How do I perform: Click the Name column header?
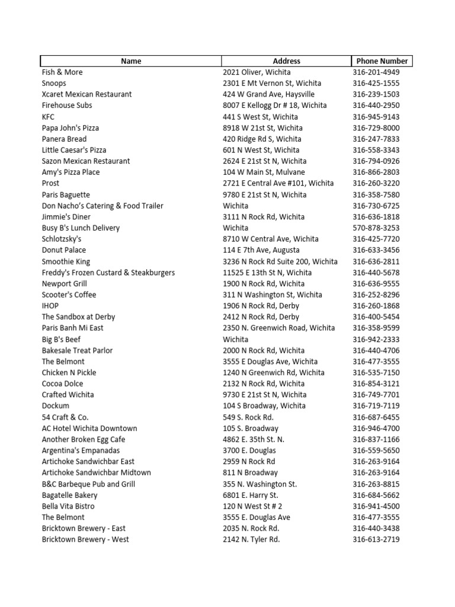131,61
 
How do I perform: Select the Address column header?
286,61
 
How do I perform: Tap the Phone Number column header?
382,61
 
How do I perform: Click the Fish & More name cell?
62,72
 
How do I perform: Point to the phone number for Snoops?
376,84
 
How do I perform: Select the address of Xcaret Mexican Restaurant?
268,94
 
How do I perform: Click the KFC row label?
48,117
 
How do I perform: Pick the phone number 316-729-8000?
376,128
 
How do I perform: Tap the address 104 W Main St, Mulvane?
264,172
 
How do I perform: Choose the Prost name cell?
50,183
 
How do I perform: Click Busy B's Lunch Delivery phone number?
376,228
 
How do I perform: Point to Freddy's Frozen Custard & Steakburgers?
108,273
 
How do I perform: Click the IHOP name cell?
50,306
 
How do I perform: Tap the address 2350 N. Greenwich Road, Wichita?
279,328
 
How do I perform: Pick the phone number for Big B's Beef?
376,340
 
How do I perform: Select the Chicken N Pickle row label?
69,373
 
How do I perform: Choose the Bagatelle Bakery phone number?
376,495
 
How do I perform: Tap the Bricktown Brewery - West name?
85,539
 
